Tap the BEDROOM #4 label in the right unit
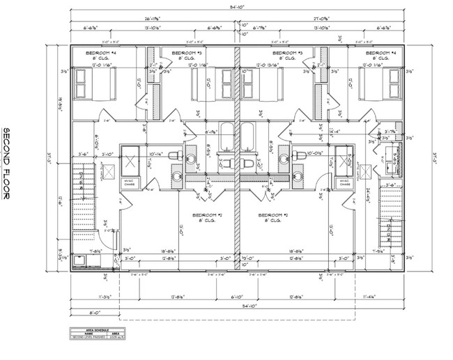click(x=382, y=53)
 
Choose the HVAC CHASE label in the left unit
click(x=130, y=182)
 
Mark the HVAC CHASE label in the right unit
click(x=344, y=182)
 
